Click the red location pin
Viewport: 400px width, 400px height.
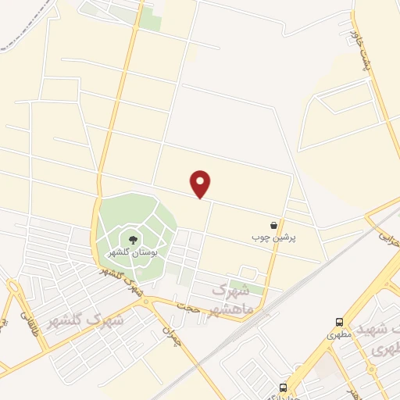coord(201,183)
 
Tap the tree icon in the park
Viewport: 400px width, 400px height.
coord(132,240)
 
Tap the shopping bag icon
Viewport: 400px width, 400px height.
coord(273,224)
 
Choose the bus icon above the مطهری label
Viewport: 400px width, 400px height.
coord(339,322)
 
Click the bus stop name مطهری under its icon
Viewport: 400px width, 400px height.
coord(340,334)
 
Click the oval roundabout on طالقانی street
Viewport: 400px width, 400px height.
coord(14,294)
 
